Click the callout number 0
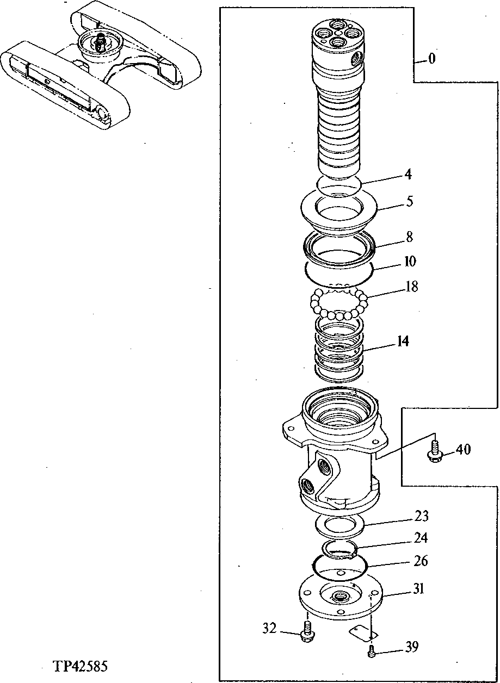(x=431, y=59)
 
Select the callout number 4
(x=408, y=175)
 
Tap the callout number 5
(x=409, y=201)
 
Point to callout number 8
(x=409, y=237)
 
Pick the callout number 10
(x=410, y=262)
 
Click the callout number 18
(x=412, y=287)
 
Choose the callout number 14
(x=403, y=341)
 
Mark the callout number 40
(x=464, y=450)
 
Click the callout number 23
(x=421, y=516)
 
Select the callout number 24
(x=421, y=538)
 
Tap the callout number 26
(x=421, y=561)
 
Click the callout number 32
(x=270, y=629)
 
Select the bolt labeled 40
(x=435, y=450)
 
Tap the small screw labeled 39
(x=372, y=650)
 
